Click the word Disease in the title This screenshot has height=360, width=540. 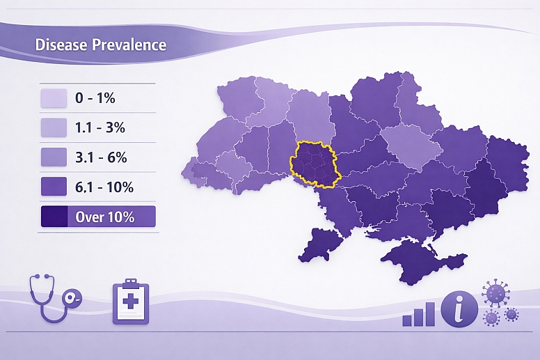point(58,45)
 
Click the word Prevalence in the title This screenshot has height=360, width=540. point(125,45)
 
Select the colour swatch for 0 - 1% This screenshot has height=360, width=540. point(54,98)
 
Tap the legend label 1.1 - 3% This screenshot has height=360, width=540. point(100,128)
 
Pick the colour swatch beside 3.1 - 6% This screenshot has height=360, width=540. point(54,157)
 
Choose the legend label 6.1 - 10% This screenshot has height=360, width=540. point(104,187)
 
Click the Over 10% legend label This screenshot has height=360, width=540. point(104,217)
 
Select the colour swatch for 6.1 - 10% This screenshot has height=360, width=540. point(54,187)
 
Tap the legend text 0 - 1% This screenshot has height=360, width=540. point(95,98)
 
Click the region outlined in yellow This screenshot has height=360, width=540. point(314,164)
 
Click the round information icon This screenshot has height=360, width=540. point(460,308)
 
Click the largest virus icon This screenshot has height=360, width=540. point(496,293)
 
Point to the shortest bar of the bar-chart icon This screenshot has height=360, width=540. point(407,320)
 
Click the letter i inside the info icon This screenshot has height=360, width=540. point(460,308)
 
